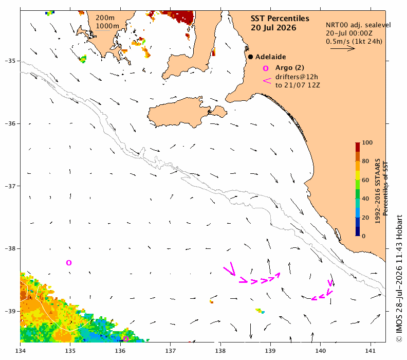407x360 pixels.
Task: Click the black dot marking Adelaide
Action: [x=250, y=57]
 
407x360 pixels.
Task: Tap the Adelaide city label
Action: [x=270, y=57]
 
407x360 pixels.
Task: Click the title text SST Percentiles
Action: [x=280, y=19]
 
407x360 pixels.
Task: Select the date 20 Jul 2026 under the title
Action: [x=273, y=28]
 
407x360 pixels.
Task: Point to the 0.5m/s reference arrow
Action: [x=343, y=48]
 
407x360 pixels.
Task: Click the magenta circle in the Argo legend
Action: [x=266, y=68]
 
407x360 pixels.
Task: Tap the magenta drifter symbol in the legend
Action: [x=267, y=81]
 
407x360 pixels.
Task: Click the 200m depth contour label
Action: [x=105, y=18]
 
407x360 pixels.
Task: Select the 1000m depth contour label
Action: [x=107, y=26]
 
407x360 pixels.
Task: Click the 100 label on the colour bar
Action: [x=367, y=142]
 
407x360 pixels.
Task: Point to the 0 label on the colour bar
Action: [x=364, y=236]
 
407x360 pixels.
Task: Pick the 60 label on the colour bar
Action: [x=365, y=180]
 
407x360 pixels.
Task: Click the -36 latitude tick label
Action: [x=10, y=123]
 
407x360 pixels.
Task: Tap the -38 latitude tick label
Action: [x=10, y=248]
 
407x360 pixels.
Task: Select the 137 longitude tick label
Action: [x=170, y=351]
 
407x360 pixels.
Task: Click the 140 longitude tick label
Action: [x=320, y=351]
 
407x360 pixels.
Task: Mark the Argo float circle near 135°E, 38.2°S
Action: [x=69, y=263]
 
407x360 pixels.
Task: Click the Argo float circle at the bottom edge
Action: [x=126, y=339]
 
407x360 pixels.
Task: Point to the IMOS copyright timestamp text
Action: [x=399, y=278]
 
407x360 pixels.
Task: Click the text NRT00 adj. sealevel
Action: [x=358, y=25]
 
